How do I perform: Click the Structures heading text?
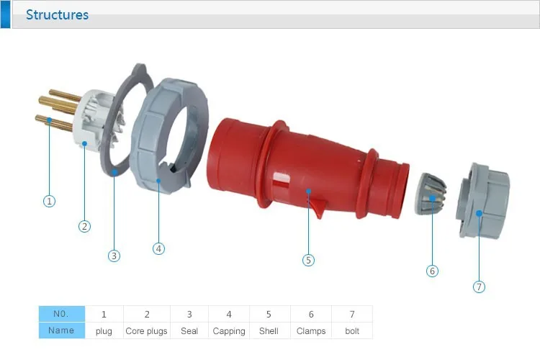coord(57,15)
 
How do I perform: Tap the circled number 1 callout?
coord(49,201)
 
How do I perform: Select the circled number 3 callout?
coord(114,256)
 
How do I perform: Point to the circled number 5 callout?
coord(308,260)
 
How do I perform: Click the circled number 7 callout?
coord(479,287)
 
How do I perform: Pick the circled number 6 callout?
coord(432,271)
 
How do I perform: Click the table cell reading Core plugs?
coord(146,330)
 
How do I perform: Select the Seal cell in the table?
coord(189,330)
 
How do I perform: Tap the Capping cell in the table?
coord(229,330)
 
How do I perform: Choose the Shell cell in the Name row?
coord(269,330)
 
